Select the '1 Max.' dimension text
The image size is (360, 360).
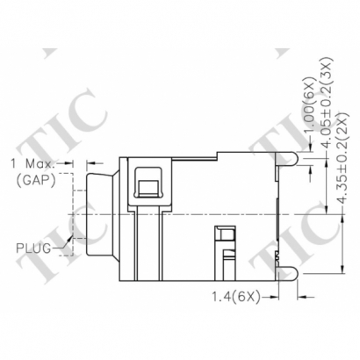coord(32,164)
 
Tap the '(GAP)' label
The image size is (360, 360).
coord(34,179)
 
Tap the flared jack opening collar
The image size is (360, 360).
coord(100,211)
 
